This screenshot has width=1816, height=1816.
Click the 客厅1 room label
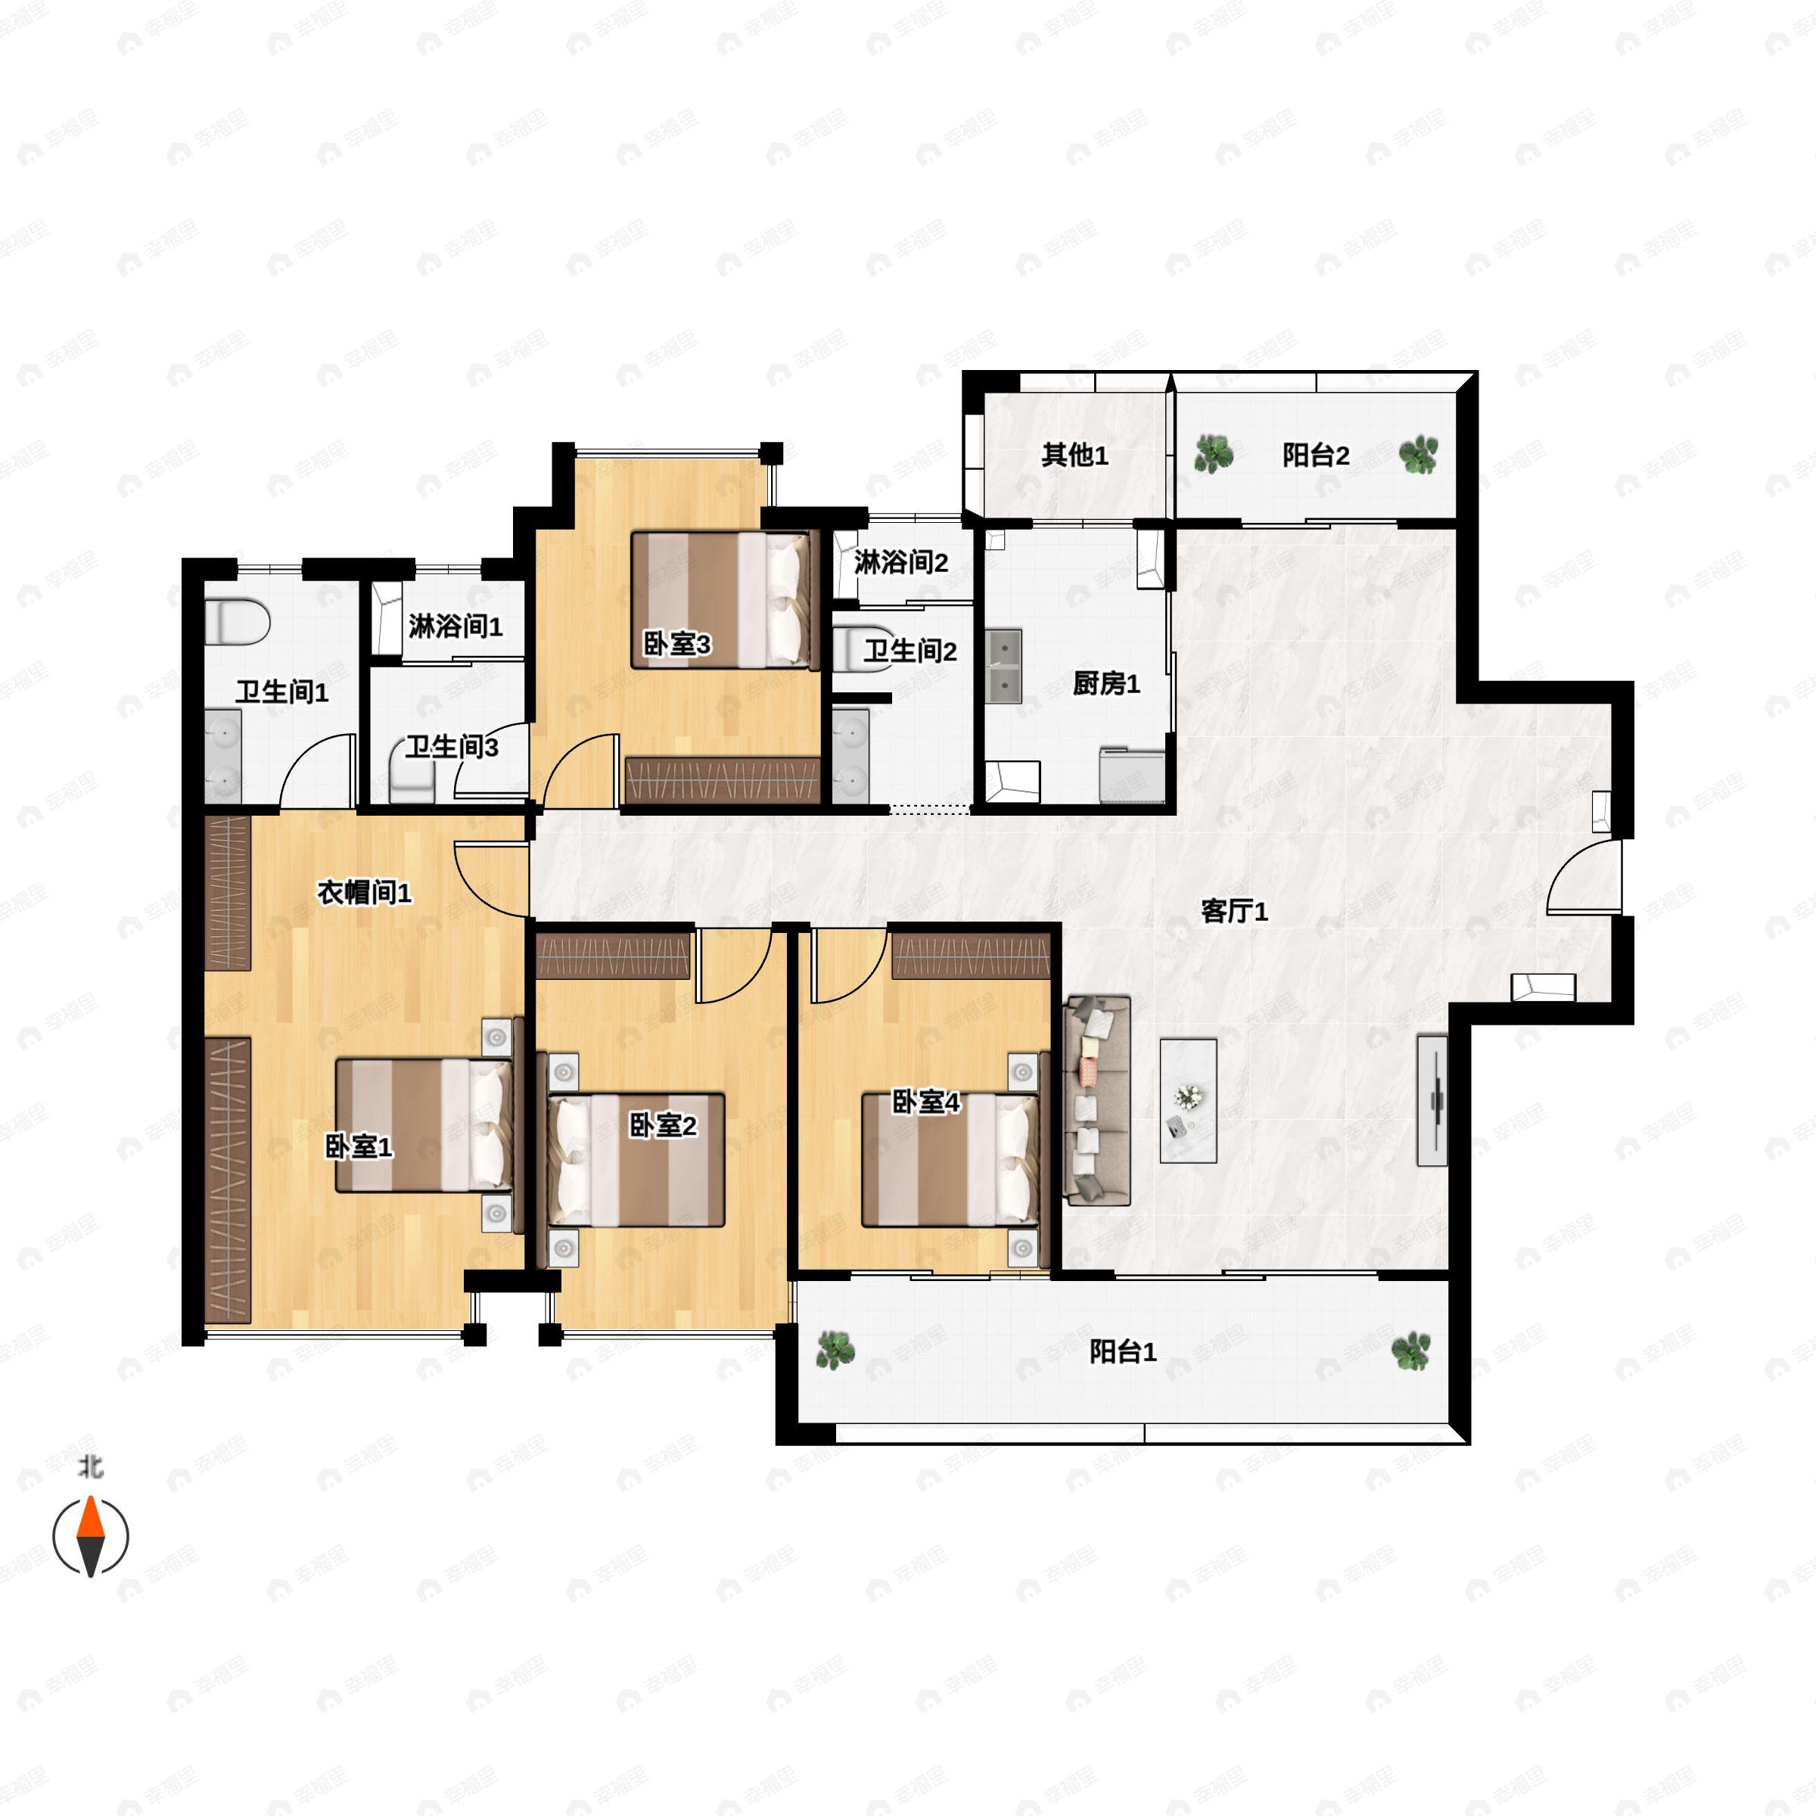tap(1234, 911)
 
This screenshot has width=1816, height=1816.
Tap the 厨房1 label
tap(1106, 683)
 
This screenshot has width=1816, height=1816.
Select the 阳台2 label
tap(1316, 456)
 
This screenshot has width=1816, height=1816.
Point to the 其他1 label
tap(1074, 456)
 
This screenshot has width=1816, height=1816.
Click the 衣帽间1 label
tap(364, 892)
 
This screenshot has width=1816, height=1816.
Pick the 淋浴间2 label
tap(900, 563)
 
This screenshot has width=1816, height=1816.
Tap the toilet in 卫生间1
tap(238, 621)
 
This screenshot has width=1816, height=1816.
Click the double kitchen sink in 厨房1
tap(1004, 667)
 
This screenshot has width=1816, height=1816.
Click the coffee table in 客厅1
tap(1188, 1101)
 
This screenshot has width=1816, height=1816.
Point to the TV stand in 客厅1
tap(1432, 1101)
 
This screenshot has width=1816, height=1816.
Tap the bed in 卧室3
tap(721, 601)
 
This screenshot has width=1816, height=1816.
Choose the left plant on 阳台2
tap(1214, 454)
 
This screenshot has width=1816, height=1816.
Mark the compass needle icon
tap(90, 1536)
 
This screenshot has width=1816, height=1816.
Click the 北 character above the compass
tap(90, 1466)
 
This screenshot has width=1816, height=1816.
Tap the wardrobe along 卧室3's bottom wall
tap(722, 780)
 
